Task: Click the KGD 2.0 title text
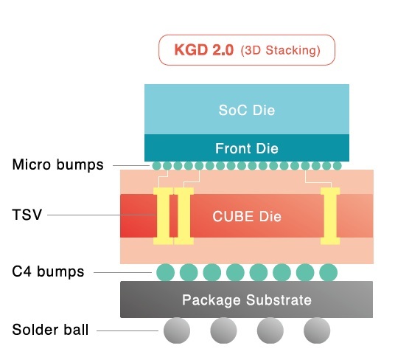204,50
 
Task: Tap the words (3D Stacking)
280,50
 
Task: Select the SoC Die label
247,110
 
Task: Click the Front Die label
247,148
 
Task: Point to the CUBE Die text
247,217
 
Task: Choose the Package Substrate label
247,300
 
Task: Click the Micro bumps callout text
57,165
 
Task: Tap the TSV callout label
27,215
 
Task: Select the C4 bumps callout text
48,271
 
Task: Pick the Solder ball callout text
50,330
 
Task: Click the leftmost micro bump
156,166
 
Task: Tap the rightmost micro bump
338,166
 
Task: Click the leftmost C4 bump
166,272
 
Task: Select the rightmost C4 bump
328,272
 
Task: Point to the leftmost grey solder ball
177,330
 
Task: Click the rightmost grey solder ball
317,330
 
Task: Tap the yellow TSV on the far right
330,216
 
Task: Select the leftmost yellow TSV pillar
164,216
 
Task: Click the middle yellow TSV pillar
184,216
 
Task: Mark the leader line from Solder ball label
127,330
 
